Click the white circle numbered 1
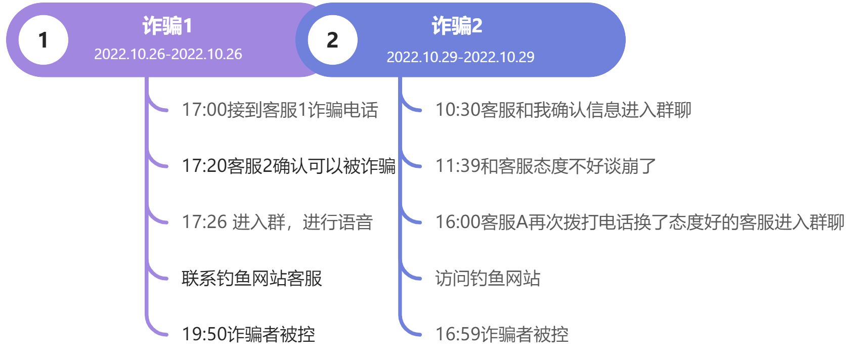coord(44,40)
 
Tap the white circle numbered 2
coord(332,40)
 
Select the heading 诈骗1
coord(167,26)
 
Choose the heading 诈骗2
coord(457,26)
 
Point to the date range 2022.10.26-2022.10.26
coord(168,54)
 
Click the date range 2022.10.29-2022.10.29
coord(460,57)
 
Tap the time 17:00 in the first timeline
coord(204,110)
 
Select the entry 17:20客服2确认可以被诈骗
coord(288,166)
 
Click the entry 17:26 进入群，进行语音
coord(277,222)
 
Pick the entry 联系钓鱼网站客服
coord(251,278)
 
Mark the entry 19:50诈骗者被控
coord(248,334)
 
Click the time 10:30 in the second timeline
coord(458,110)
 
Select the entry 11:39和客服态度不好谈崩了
coord(545,166)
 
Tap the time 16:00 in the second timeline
coord(458,222)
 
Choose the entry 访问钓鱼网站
coord(488,278)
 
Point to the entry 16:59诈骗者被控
coord(502,334)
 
